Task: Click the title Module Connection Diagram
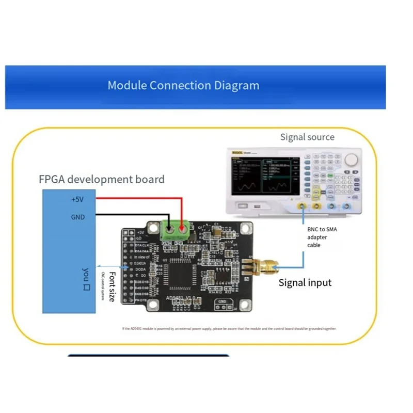click(x=183, y=85)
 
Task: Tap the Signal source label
click(x=307, y=137)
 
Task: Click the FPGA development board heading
click(x=102, y=180)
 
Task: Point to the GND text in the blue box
click(x=77, y=217)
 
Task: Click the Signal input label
click(x=305, y=282)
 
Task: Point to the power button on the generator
click(x=241, y=206)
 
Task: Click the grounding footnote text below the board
click(x=229, y=328)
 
